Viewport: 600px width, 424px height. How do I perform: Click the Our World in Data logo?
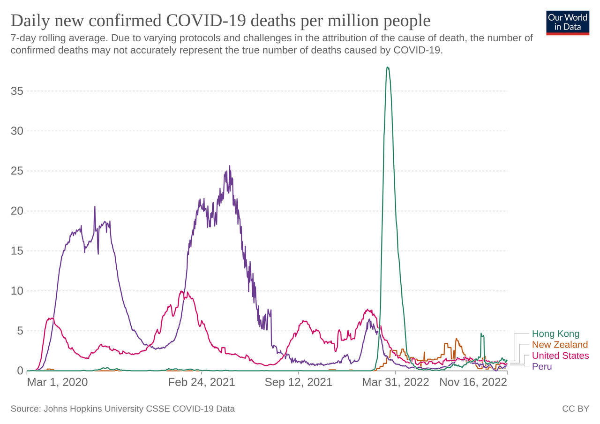pos(567,22)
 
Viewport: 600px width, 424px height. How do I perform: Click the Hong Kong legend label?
pos(555,334)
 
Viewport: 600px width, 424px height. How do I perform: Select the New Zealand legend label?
pos(560,345)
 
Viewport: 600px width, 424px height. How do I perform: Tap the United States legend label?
pos(560,356)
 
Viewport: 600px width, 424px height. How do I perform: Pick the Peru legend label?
pos(542,366)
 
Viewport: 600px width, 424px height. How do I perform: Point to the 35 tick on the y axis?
pos(17,91)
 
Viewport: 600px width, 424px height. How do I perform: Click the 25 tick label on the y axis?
pos(17,171)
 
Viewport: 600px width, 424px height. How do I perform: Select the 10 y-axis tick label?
pos(17,291)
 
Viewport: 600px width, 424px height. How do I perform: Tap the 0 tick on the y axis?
pos(20,371)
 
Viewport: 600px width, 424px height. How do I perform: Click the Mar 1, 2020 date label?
pos(57,382)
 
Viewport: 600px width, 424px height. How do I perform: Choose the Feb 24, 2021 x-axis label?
pos(202,382)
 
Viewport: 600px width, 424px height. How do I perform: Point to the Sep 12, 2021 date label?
pos(299,382)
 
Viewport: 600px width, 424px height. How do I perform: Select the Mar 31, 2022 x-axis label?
pos(396,382)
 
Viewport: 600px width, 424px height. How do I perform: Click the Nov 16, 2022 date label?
pos(473,382)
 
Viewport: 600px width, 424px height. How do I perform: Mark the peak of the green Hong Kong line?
pos(388,68)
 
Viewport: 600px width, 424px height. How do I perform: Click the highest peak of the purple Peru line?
pos(230,166)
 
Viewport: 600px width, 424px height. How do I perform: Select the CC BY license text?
pos(575,409)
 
